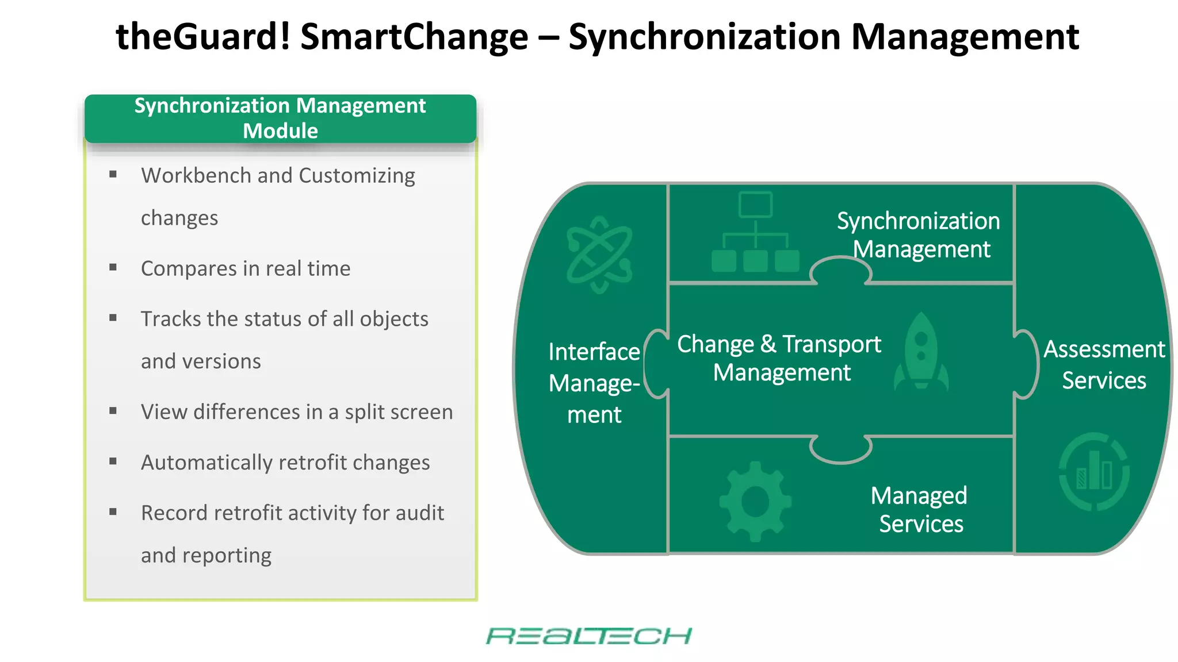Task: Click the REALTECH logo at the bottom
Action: click(588, 636)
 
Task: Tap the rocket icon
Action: click(921, 352)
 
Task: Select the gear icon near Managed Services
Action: click(755, 501)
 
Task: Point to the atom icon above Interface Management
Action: click(599, 254)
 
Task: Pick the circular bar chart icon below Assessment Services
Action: click(1094, 472)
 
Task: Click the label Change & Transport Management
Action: click(780, 358)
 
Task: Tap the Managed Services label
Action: click(920, 509)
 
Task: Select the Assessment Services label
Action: click(1104, 365)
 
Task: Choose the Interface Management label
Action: click(594, 383)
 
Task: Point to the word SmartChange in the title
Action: click(414, 37)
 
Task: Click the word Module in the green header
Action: click(280, 131)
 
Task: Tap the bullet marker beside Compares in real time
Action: click(113, 267)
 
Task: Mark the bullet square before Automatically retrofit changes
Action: click(113, 461)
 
